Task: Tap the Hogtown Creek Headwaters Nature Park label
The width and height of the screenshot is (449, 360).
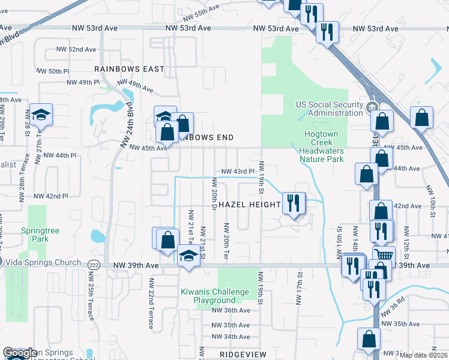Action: pos(321,147)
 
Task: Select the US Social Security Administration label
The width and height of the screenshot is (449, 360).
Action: pos(330,109)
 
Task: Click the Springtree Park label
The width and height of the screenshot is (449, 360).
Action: pos(34,234)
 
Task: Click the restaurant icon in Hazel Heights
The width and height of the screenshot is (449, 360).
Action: pos(294,203)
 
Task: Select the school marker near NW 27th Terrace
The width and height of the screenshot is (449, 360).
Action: pos(41,114)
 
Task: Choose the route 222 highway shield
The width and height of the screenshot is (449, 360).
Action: pos(94,265)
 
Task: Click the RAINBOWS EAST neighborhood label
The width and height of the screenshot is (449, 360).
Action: pos(129,69)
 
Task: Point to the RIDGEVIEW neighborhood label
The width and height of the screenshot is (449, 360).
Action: pos(243,355)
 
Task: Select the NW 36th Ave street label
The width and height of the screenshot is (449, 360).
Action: pos(231,310)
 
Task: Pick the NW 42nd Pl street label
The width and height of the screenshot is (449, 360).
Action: pos(51,196)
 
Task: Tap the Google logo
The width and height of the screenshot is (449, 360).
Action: pos(20,353)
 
